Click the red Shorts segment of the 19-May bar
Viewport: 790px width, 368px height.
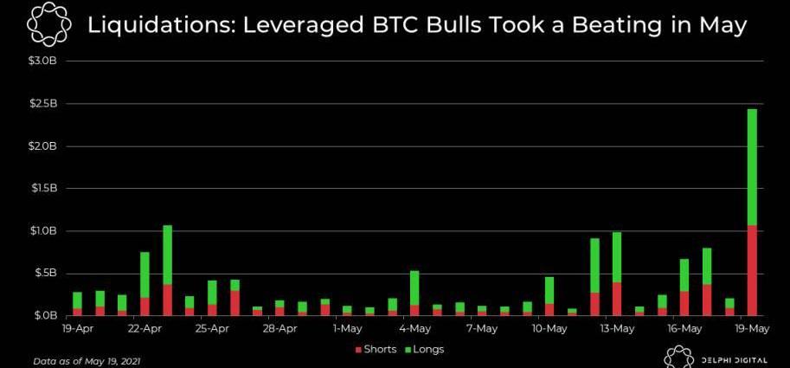(752, 270)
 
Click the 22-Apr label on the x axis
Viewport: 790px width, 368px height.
(145, 329)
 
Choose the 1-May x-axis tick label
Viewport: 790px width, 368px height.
(347, 329)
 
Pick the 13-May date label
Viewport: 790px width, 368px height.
(617, 329)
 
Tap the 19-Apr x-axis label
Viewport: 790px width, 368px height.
(77, 329)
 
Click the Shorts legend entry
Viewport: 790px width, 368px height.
(375, 350)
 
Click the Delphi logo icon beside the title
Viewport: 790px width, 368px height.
(44, 26)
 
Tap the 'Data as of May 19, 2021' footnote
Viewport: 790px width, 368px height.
(87, 360)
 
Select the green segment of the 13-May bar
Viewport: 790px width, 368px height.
(617, 256)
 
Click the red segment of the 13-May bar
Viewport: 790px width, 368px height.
(617, 298)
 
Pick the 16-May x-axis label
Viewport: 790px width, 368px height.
(684, 329)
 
